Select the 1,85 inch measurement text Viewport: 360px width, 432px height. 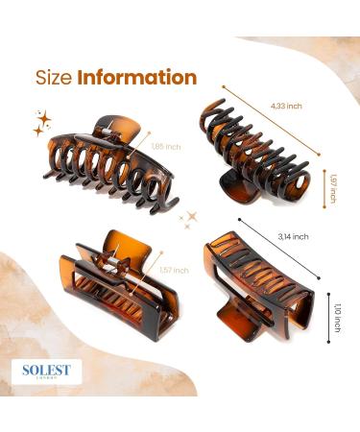165,146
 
